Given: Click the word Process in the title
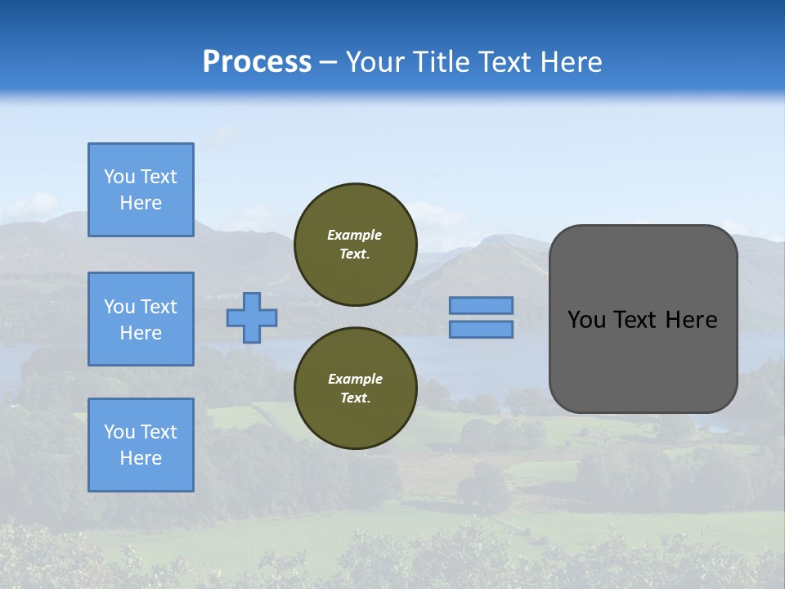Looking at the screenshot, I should pos(257,62).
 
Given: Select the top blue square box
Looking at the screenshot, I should pos(141,190).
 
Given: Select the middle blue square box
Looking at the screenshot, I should pos(141,319).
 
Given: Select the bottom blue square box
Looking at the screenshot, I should pos(141,445).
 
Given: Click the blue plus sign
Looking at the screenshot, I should pos(251,317).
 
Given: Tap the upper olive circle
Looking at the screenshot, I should pos(355,245).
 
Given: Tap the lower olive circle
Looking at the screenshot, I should pos(355,389).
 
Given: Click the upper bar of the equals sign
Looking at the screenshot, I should pos(481,305).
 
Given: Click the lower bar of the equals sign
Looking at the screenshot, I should pos(481,329).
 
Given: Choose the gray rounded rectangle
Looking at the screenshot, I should pos(643,360).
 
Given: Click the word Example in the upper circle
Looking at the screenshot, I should pos(354,235).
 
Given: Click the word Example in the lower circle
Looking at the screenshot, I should pos(355,379).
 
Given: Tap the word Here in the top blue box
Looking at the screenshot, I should pos(141,203).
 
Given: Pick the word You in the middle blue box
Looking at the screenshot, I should pos(119,307).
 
